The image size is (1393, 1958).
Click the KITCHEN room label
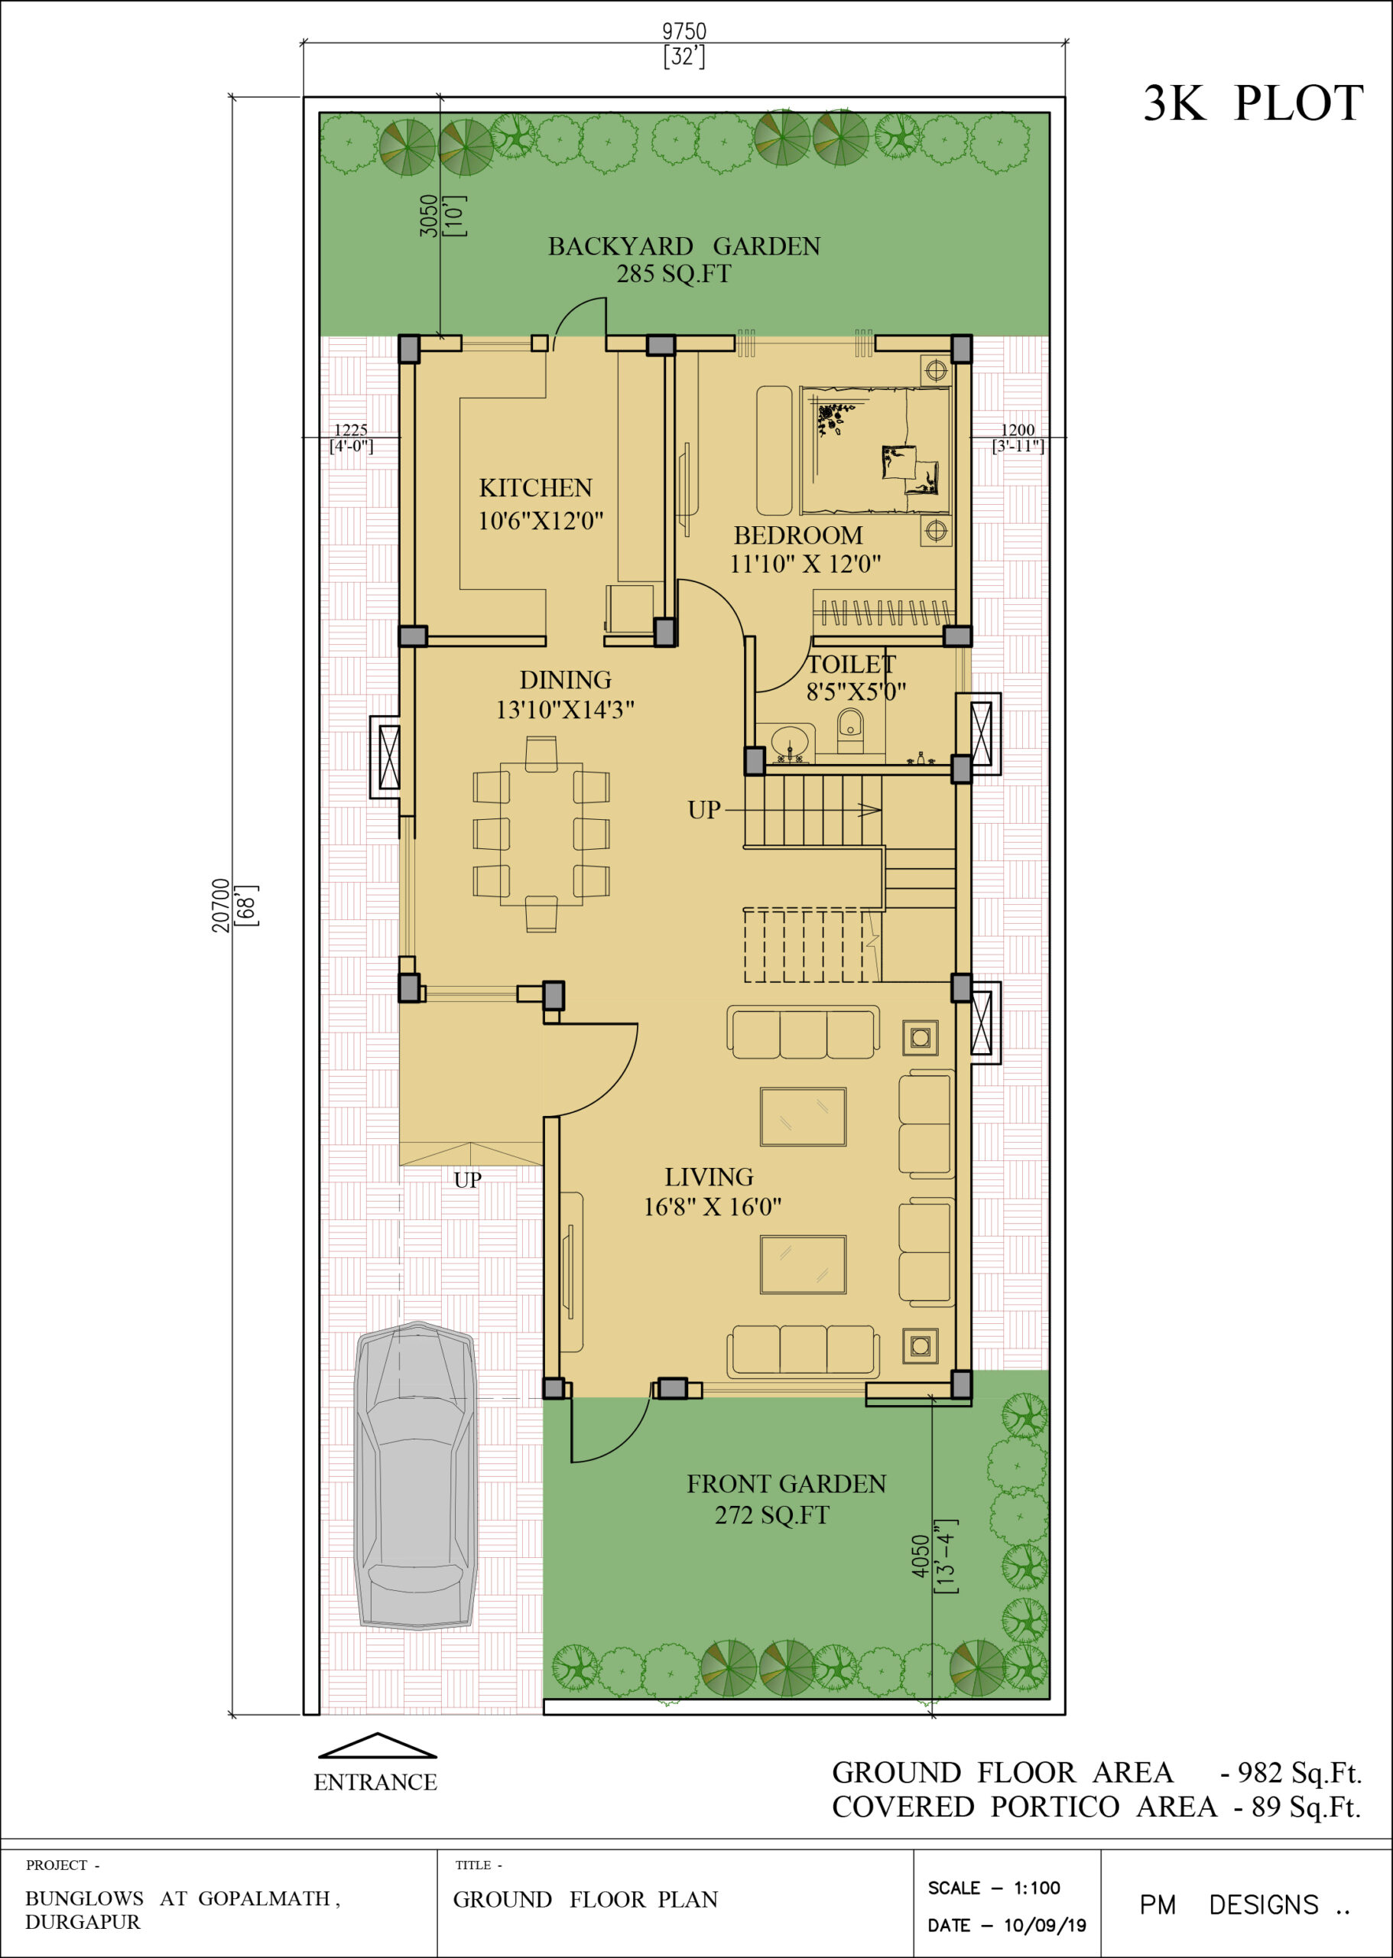535,488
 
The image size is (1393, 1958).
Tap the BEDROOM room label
797,535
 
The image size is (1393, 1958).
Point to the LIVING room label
709,1177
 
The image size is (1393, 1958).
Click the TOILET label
852,664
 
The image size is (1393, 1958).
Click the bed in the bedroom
875,450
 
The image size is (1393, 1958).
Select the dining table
541,834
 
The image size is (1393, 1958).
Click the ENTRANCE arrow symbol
378,1746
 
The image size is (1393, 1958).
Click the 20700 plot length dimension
221,906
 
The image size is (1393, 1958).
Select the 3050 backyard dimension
428,216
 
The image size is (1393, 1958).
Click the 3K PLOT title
1253,104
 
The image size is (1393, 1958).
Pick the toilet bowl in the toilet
850,731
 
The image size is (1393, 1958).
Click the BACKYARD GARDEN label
684,246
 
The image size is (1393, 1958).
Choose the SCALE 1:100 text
994,1888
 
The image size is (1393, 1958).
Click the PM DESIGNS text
1245,1904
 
